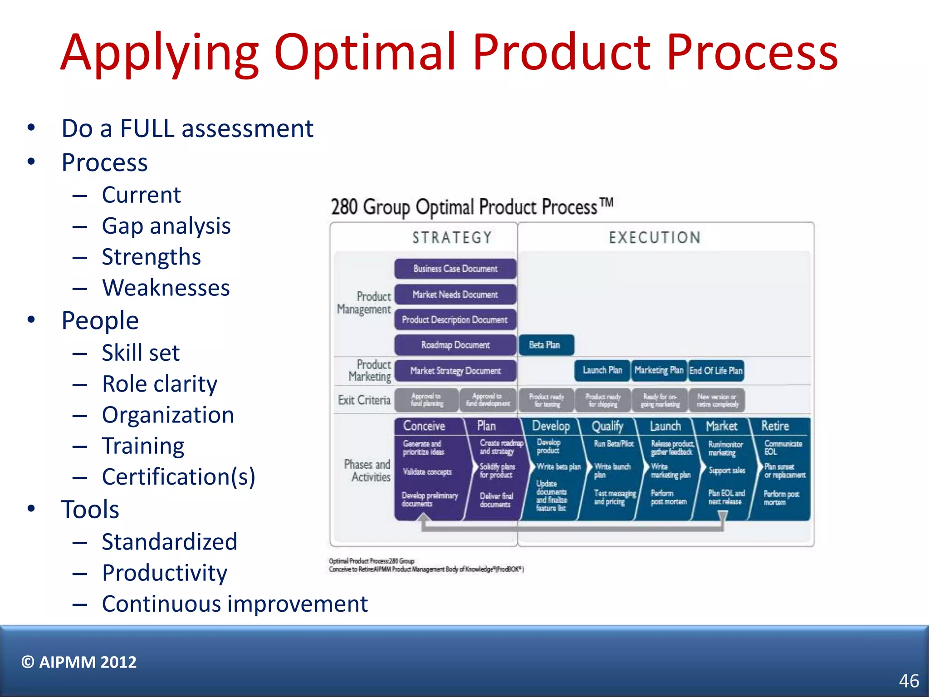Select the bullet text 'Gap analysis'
point(166,226)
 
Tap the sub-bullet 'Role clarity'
point(159,384)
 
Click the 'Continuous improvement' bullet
point(235,604)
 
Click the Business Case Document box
point(455,269)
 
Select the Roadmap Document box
point(455,345)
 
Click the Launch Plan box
point(602,370)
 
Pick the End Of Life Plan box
point(716,370)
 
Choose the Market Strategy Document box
point(455,371)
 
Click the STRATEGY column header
point(452,237)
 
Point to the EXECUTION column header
point(655,237)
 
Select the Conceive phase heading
point(424,426)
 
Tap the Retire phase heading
point(775,426)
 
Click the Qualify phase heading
point(607,426)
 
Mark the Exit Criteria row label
point(364,400)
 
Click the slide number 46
point(909,681)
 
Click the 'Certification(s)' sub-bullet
point(178,477)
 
